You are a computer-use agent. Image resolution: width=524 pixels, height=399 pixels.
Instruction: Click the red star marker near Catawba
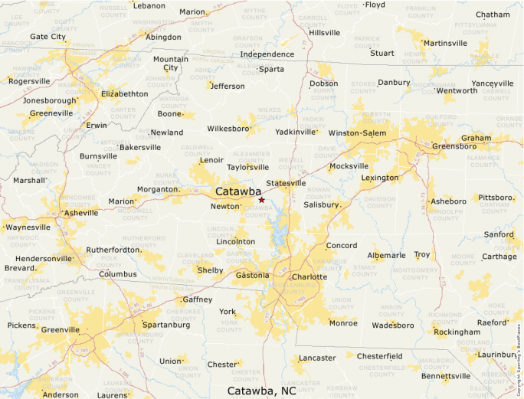point(261,200)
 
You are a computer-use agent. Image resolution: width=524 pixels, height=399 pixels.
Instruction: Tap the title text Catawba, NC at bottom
point(261,391)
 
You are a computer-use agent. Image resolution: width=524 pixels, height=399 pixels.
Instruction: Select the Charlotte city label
point(309,276)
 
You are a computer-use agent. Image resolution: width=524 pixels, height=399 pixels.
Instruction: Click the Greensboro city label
point(455,146)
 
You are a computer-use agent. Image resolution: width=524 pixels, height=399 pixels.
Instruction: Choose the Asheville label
point(81,213)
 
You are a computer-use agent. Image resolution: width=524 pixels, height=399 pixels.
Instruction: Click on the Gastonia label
point(253,275)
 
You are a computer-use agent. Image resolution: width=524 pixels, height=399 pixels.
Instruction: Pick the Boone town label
point(169,114)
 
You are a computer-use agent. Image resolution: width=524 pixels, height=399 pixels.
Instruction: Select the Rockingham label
point(457,332)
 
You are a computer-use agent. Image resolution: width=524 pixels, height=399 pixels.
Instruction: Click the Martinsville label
point(445,43)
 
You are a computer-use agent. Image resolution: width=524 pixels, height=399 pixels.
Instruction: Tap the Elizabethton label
point(124,93)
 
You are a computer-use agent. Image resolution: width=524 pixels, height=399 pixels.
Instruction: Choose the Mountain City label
point(170,64)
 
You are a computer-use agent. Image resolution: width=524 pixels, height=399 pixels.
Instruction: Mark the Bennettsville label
point(446,376)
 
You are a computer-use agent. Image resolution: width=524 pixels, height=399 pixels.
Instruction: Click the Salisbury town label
point(321,204)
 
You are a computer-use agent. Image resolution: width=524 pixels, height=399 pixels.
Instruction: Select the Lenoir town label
point(211,160)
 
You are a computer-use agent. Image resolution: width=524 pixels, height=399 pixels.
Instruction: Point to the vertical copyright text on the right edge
point(519,360)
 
